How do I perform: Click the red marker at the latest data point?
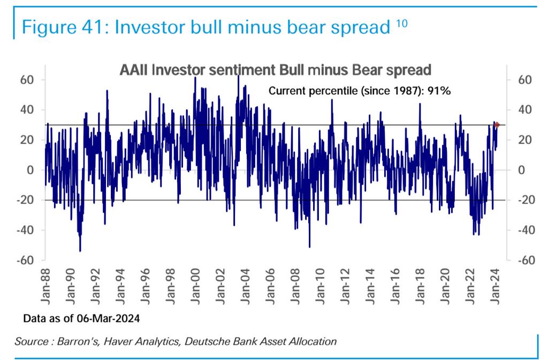[x=497, y=125]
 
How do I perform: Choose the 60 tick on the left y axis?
[x=27, y=80]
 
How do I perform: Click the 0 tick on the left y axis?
[x=31, y=170]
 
